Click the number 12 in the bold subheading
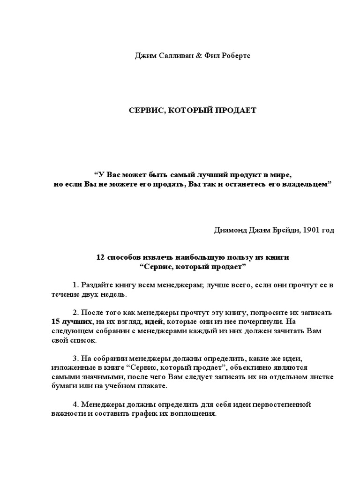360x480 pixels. click(100, 258)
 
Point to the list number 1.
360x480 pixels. click(75, 285)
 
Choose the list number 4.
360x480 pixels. click(75, 404)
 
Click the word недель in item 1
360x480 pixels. click(114, 294)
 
